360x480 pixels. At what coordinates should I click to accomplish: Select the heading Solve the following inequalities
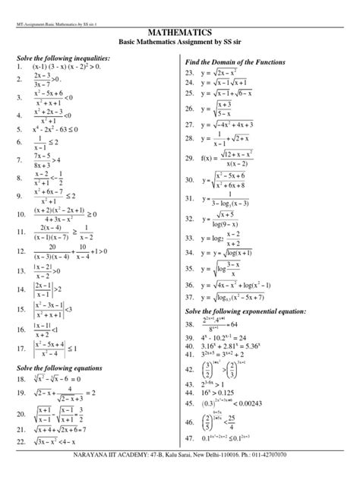64,58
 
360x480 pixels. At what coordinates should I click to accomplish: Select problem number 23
191,73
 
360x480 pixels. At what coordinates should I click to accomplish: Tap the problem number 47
191,440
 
